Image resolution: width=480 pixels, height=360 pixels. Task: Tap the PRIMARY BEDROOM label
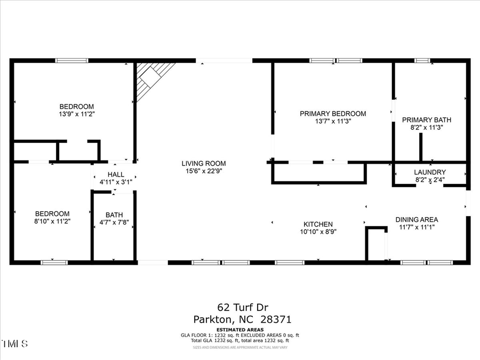333,114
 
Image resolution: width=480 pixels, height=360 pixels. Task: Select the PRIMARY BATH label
423,120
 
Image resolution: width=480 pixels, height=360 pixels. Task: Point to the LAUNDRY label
429,172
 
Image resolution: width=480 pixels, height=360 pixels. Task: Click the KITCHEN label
318,225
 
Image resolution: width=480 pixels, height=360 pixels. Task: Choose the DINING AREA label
417,220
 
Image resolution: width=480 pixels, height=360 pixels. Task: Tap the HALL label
116,174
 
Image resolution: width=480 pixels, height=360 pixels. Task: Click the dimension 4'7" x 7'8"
114,222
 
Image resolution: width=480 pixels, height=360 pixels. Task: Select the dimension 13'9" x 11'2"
77,114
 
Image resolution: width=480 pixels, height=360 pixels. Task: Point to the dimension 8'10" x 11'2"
52,221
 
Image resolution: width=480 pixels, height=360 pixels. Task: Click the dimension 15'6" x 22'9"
203,171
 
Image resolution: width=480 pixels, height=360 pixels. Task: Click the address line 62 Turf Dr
242,307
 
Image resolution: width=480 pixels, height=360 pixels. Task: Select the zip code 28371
277,319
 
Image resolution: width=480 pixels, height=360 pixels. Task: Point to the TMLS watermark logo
15,343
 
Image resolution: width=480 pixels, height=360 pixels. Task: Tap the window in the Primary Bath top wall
422,61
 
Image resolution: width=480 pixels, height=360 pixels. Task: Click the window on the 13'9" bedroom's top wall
72,61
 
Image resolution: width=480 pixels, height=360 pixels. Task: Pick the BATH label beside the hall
114,215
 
